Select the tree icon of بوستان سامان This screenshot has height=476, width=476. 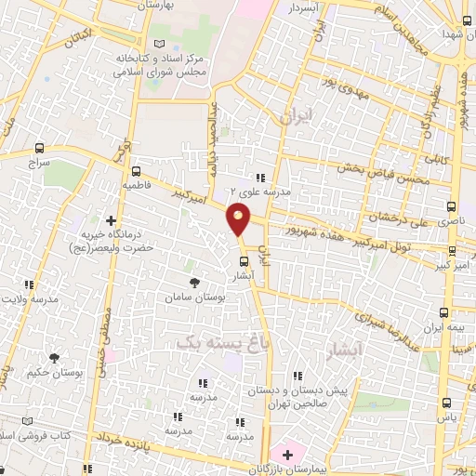(193, 282)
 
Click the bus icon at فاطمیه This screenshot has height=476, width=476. (137, 171)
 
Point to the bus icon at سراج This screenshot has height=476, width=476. (39, 148)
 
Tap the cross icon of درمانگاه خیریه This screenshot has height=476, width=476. (112, 221)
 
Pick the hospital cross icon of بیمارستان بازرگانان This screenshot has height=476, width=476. (287, 456)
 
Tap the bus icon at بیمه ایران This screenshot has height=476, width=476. (443, 313)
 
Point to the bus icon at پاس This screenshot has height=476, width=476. (446, 403)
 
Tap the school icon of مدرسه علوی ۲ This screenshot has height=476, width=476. (261, 177)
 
